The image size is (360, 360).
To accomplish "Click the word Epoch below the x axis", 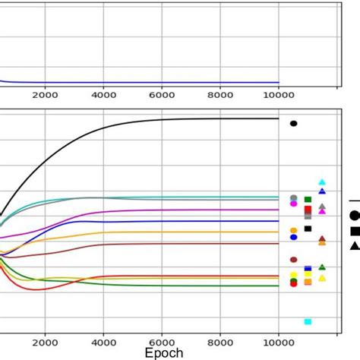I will pos(164,353).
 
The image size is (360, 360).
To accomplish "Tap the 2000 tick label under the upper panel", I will pos(45,96).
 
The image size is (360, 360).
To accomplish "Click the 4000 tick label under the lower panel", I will pos(103,342).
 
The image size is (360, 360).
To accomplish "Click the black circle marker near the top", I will pos(294,123).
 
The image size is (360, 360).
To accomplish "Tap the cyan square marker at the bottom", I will pos(308,321).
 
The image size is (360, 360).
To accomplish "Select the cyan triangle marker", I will pos(322,182).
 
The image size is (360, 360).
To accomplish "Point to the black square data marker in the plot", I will pos(308,229).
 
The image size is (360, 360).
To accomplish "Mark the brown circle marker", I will pos(294,260).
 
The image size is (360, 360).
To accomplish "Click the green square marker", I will pos(308,200).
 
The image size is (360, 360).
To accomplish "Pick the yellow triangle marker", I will pos(322,278).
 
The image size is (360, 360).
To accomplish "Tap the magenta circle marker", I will pos(294,204).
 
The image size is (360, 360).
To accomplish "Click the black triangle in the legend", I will pos(355,245).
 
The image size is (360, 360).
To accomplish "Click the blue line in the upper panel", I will pos(152,83).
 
